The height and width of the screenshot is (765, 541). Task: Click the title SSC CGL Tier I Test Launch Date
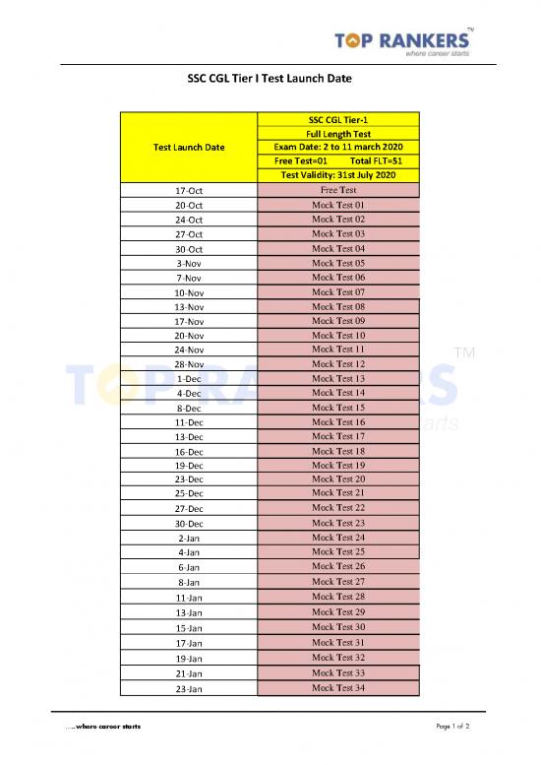point(270,78)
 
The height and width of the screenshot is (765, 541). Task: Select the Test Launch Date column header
point(189,148)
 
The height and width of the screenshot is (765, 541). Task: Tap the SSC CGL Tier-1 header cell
point(337,119)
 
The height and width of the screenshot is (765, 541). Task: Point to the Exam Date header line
point(337,147)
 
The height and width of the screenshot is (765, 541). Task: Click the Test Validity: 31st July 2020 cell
point(337,175)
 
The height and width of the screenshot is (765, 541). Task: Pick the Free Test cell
point(337,190)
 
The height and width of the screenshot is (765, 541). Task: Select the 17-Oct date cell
point(189,190)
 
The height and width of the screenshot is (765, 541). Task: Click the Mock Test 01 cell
point(337,205)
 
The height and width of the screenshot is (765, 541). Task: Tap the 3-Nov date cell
point(189,264)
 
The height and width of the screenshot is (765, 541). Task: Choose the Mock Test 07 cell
point(337,292)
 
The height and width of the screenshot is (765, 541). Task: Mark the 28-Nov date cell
point(189,364)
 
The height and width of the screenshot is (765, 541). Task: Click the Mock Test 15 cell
point(337,408)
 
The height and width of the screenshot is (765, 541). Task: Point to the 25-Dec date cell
point(189,493)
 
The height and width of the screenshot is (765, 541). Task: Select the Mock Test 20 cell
point(337,478)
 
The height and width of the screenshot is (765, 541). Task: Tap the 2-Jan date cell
point(189,539)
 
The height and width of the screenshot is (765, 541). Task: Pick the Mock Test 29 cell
point(337,612)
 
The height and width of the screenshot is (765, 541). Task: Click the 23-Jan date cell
point(189,688)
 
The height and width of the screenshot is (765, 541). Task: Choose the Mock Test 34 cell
point(337,687)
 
